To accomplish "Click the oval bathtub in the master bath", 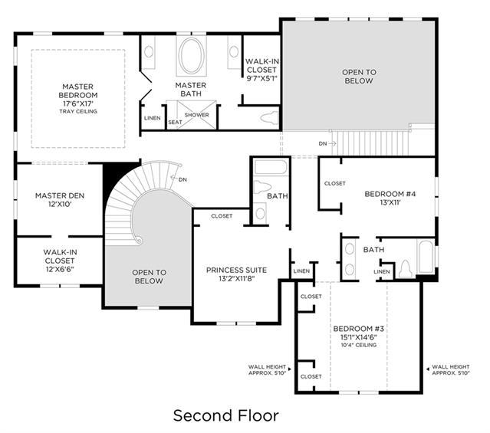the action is coord(191,56).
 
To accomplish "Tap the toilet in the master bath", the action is coord(269,118).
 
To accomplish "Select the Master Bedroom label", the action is coord(78,90).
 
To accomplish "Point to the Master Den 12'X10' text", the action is coord(60,200).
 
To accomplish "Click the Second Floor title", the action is coord(226,416).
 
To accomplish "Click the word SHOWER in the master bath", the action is coord(196,115).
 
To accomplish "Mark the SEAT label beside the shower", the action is coord(175,122).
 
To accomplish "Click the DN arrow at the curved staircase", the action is coord(174,178).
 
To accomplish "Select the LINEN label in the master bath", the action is coord(153,118).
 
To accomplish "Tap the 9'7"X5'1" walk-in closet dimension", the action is coord(262,78).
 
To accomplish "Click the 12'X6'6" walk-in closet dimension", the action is coord(60,269).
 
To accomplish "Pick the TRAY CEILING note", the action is coord(78,111).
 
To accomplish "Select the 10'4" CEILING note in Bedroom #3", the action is coord(358,345).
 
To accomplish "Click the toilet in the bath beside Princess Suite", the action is coord(262,188).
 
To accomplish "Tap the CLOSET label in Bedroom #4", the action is coord(335,183).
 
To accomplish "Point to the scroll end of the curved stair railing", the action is coord(138,241).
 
